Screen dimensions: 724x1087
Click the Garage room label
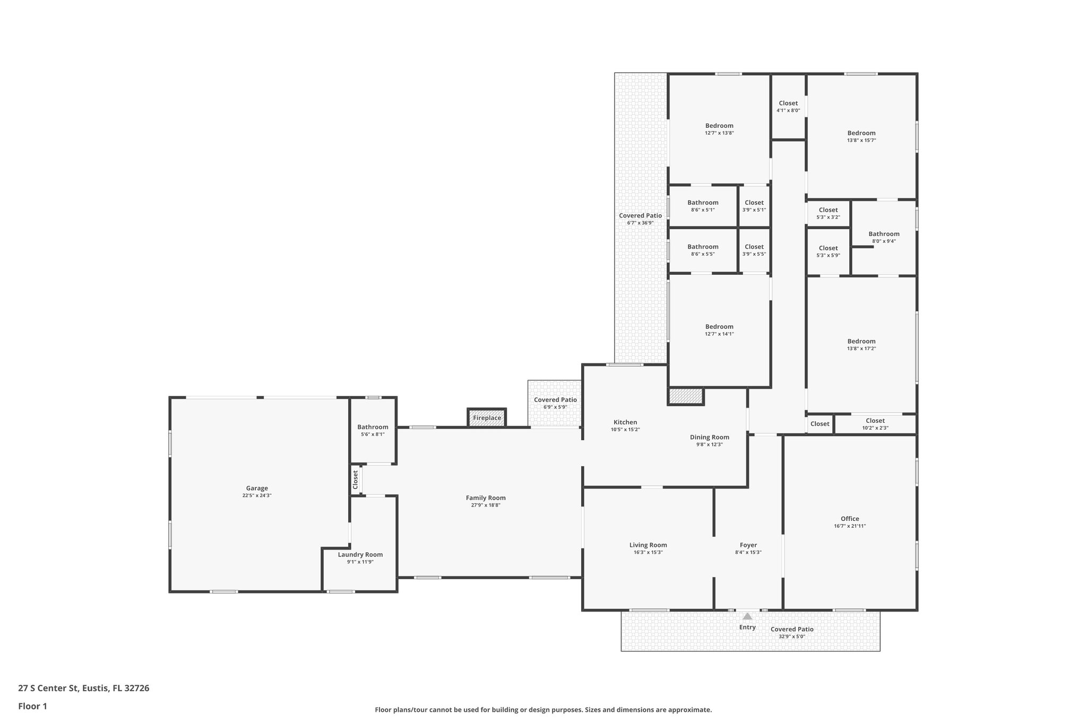tap(257, 488)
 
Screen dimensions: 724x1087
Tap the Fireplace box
tap(487, 417)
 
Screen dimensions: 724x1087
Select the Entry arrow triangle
tap(747, 616)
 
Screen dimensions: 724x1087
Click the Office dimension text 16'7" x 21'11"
tap(850, 526)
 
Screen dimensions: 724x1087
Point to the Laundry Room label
tap(360, 554)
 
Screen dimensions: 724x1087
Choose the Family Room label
tap(486, 498)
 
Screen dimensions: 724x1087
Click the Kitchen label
tap(625, 422)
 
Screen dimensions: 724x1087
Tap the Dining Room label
tap(710, 437)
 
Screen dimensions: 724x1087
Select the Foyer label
tap(748, 545)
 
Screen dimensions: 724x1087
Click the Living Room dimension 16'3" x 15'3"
tap(648, 552)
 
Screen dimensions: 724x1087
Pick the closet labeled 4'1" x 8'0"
tap(788, 107)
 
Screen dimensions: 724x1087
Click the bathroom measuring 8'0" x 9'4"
tap(884, 237)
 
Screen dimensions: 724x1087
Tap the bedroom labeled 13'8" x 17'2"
tap(861, 345)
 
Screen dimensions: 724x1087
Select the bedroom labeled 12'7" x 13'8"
tap(719, 129)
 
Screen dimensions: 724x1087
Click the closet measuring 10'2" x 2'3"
tap(875, 424)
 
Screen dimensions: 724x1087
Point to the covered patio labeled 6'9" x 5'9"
tap(555, 403)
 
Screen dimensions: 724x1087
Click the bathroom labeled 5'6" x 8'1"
tap(373, 430)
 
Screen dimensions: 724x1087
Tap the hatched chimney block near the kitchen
tap(685, 396)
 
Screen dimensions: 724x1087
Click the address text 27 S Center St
tap(84, 688)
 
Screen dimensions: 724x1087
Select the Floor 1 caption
tap(33, 706)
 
